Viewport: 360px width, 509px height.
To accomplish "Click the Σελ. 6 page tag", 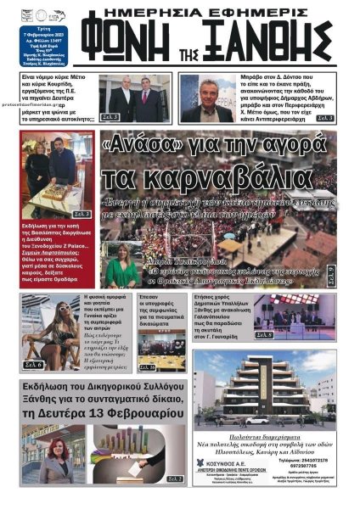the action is [33, 364].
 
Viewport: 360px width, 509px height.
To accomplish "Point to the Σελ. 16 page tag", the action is [147, 367].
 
